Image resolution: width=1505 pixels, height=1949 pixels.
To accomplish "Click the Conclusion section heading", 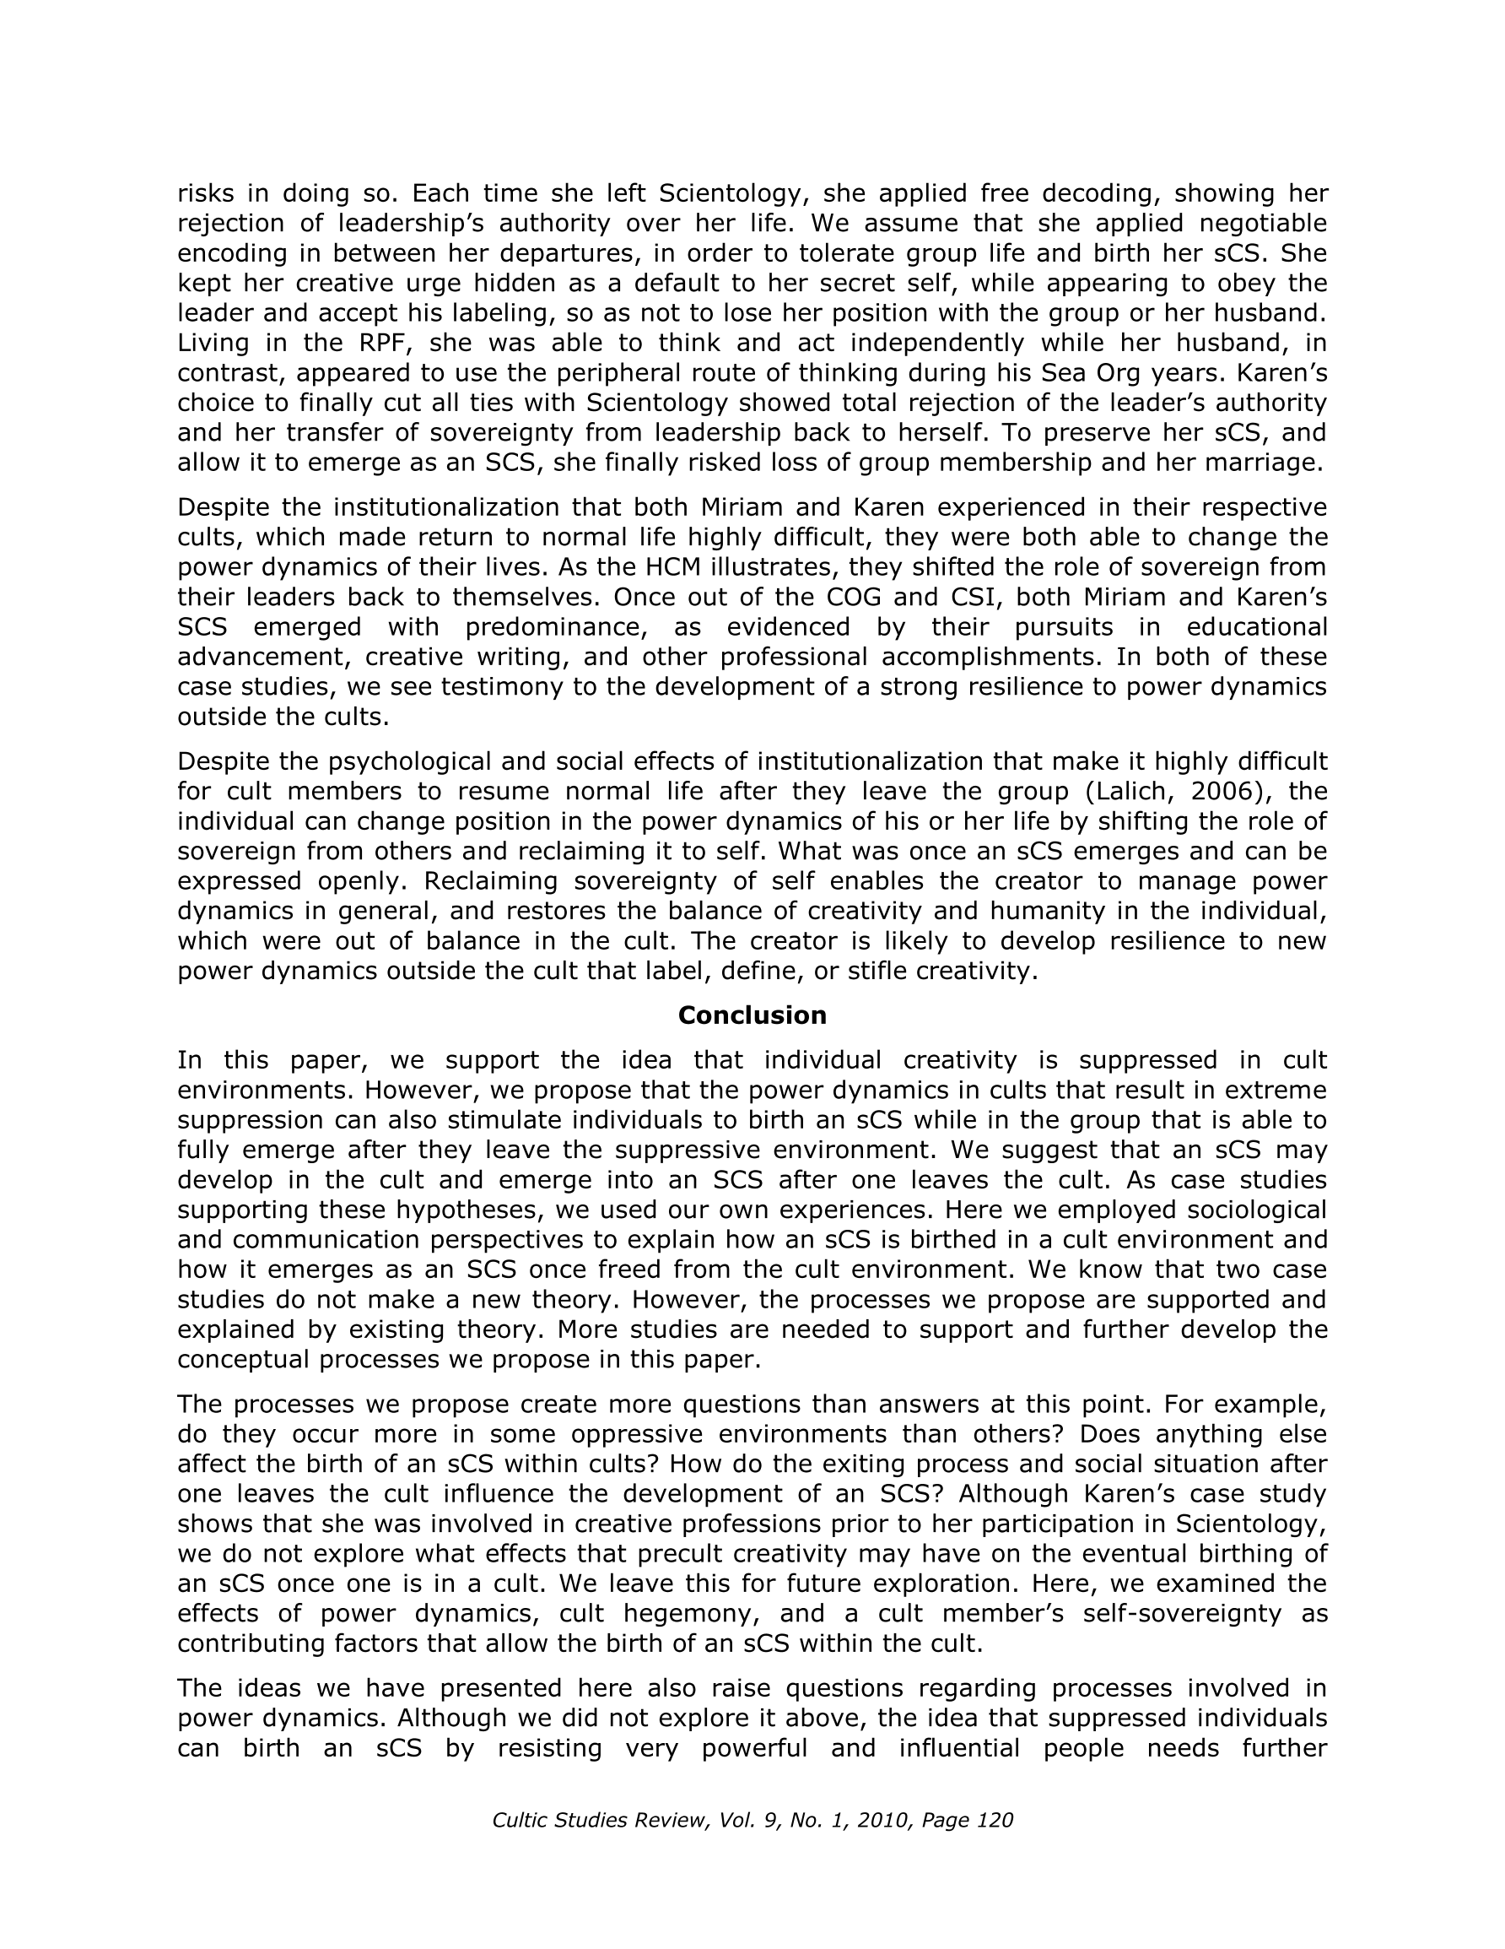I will click(x=752, y=1015).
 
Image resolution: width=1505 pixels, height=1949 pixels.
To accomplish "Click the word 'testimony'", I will click(x=470, y=687).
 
